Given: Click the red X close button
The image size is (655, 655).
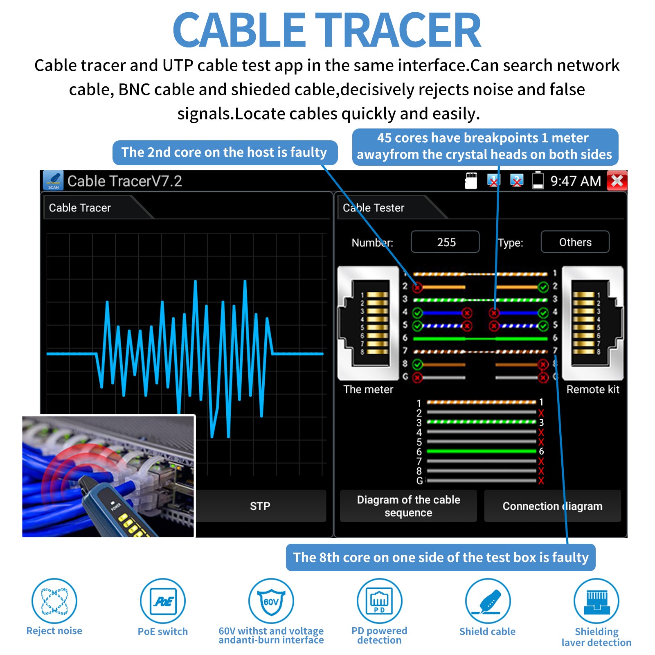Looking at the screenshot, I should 617,181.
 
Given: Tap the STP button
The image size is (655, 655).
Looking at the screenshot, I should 260,506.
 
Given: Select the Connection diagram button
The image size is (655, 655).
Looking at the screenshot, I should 552,506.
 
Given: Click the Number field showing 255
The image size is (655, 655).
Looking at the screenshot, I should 445,242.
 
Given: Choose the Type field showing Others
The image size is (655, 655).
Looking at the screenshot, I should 575,242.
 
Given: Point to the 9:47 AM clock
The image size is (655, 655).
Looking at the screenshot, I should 575,181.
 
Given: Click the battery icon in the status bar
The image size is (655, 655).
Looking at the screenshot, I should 538,180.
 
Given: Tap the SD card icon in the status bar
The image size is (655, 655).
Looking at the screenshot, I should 471,180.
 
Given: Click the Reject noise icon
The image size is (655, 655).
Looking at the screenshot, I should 54,601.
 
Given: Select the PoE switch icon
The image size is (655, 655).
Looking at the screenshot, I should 163,601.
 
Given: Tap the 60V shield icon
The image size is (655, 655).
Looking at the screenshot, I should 271,601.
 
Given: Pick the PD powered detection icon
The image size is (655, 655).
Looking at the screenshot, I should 379,601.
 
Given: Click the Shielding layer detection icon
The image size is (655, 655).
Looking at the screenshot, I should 596,601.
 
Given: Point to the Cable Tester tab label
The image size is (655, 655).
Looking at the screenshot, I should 374,208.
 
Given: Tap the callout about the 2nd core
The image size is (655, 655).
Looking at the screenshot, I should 225,153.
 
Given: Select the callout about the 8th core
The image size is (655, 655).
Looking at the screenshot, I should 441,557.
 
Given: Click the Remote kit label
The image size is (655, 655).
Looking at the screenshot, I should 593,389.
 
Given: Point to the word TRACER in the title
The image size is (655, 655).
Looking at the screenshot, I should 398,30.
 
